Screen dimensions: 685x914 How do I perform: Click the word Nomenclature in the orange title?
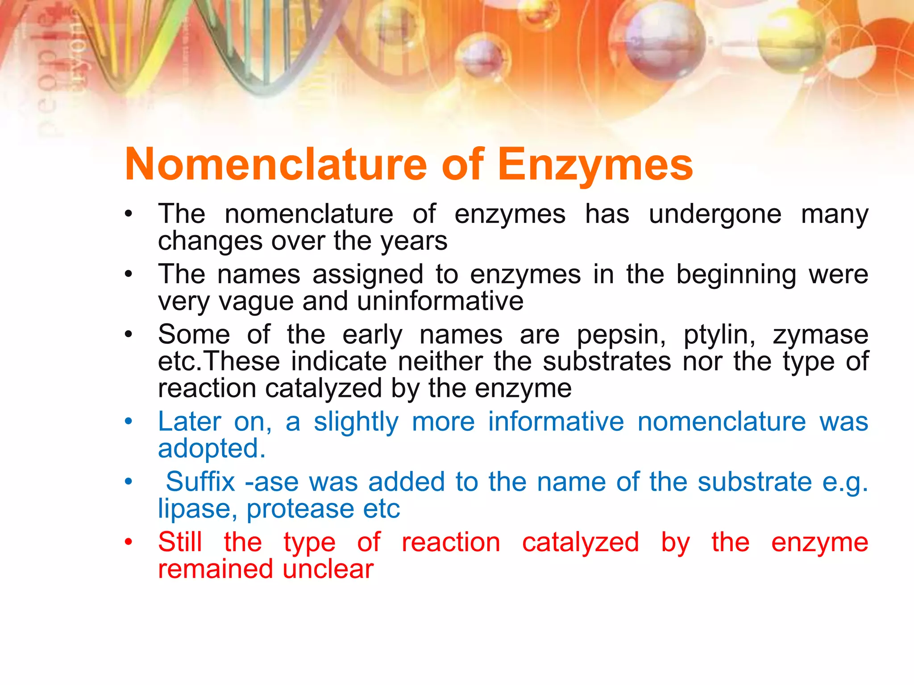click(x=276, y=165)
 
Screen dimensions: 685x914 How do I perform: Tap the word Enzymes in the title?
click(x=595, y=165)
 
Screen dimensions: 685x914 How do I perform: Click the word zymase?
click(x=820, y=335)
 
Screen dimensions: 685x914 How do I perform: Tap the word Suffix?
click(x=200, y=482)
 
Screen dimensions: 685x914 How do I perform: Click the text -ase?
click(x=270, y=483)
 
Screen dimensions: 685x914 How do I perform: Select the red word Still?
click(x=180, y=542)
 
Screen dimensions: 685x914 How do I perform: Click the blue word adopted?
click(x=212, y=449)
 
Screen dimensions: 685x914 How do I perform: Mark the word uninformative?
click(x=440, y=301)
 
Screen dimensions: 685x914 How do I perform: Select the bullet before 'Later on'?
click(x=129, y=421)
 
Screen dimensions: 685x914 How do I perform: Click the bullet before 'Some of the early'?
click(x=129, y=334)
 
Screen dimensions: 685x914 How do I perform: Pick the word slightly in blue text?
click(x=356, y=422)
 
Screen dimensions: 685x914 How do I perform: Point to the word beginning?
click(x=736, y=275)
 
